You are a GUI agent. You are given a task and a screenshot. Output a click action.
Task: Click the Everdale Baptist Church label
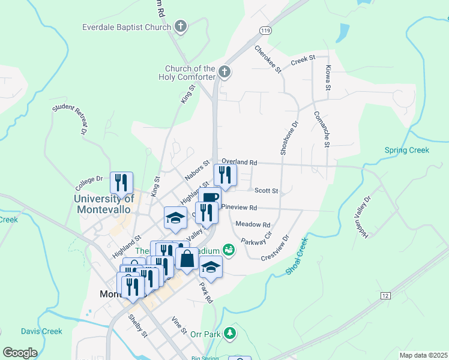[127, 27]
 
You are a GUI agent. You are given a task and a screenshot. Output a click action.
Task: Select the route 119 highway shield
[265, 30]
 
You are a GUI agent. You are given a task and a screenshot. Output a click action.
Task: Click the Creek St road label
[303, 60]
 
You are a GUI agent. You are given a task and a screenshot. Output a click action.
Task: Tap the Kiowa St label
[328, 78]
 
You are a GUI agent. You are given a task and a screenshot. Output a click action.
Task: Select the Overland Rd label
[239, 162]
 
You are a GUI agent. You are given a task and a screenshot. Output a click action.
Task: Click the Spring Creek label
[407, 150]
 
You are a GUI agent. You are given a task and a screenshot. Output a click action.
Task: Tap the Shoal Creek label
[297, 257]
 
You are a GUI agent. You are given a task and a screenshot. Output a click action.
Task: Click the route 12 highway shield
[385, 296]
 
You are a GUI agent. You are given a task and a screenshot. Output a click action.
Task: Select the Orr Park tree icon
[230, 333]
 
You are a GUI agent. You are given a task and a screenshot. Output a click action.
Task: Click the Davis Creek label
[41, 331]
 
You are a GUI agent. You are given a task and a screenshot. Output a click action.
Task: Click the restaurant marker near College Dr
[121, 182]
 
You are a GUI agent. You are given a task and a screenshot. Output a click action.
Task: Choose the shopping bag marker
[187, 259]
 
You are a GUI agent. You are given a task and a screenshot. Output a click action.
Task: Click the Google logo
[20, 353]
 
